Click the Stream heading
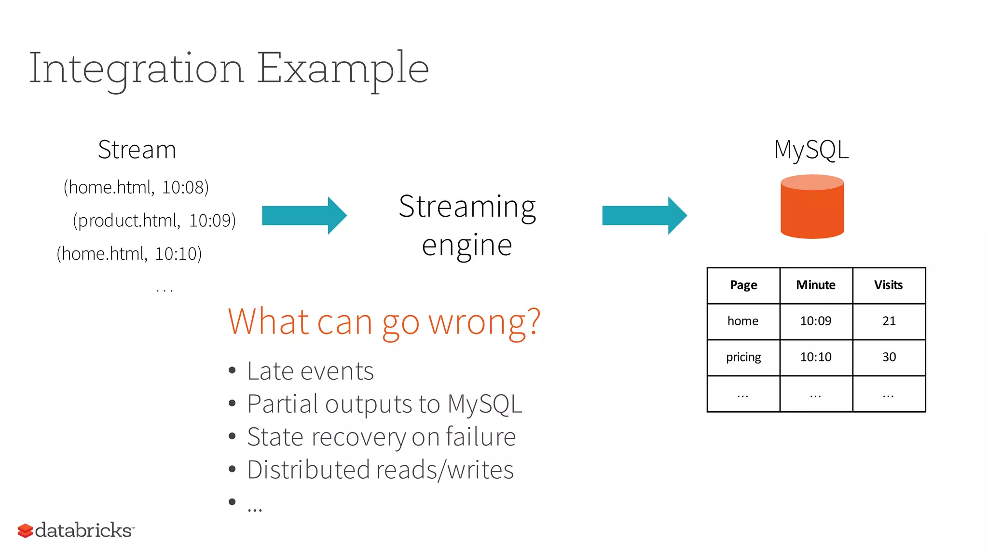(x=137, y=150)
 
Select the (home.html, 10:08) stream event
(x=136, y=187)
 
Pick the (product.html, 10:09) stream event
(x=154, y=221)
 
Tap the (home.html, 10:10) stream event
(x=129, y=254)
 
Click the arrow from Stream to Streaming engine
(x=304, y=215)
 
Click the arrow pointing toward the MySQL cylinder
(x=644, y=215)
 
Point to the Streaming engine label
(x=467, y=225)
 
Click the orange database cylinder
(x=812, y=208)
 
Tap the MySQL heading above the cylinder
(x=811, y=150)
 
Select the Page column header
(x=743, y=285)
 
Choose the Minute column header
(x=816, y=285)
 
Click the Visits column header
(x=888, y=285)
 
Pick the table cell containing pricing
(x=743, y=357)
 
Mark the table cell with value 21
(x=889, y=321)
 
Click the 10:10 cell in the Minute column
(x=816, y=357)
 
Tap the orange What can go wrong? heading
(x=384, y=322)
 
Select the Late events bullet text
(x=310, y=371)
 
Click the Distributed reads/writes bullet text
(x=380, y=470)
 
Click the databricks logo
(x=76, y=530)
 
